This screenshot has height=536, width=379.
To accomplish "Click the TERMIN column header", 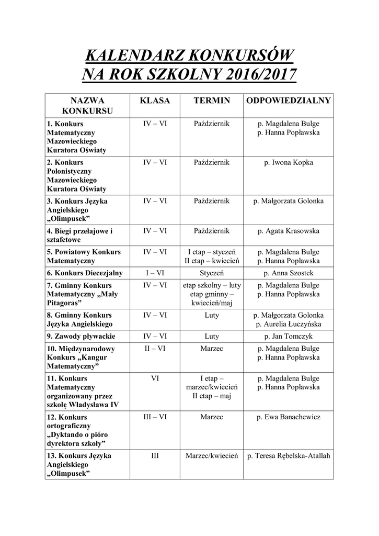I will (212, 100).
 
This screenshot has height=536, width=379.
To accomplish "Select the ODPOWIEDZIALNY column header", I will (289, 100).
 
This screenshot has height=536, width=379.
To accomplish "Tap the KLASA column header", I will (155, 100).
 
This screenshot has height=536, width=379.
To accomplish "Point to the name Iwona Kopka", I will (289, 163).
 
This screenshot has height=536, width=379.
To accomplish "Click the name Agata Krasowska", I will (289, 231).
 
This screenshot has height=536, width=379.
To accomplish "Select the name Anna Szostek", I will (289, 273).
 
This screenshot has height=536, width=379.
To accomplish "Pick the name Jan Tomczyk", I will (289, 337).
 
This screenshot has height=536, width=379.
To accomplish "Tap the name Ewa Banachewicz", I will (289, 417).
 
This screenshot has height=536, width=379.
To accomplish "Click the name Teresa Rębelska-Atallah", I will (289, 456).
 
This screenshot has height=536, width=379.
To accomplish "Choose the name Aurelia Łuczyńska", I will (289, 325).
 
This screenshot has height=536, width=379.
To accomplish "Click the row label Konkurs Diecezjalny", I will (85, 273).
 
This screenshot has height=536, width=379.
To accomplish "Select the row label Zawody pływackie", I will (81, 337).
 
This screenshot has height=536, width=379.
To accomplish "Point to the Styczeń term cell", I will (212, 273).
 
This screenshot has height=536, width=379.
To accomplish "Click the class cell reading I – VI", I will (155, 273).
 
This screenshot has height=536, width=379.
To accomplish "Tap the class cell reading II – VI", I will (155, 349).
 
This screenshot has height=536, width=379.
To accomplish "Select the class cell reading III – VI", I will (155, 417).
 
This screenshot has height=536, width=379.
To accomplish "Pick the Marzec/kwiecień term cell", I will (212, 456).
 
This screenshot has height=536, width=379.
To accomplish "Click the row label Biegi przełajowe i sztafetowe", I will (79, 236).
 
